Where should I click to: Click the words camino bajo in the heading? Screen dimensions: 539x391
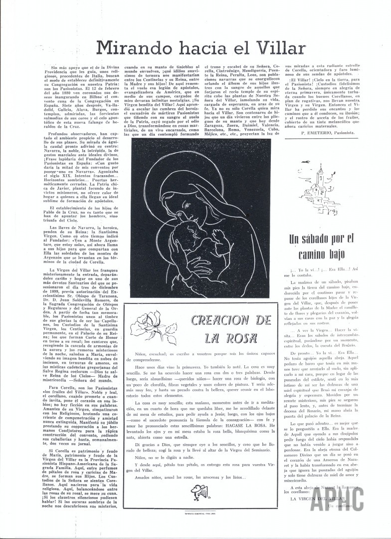point(329,256)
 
